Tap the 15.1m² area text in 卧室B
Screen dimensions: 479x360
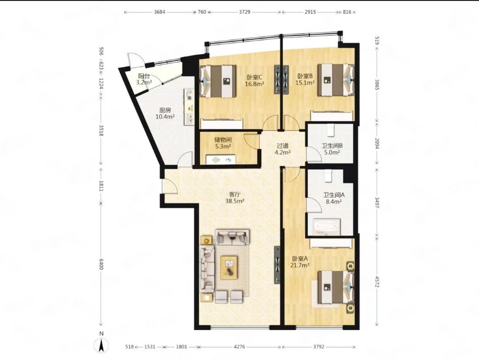(305, 83)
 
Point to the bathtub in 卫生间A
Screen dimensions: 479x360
(326, 226)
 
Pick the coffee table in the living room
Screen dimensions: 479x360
(229, 268)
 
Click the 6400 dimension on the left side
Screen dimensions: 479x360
(101, 264)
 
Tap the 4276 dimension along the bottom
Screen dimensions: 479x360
(239, 347)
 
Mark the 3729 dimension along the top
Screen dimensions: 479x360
(245, 12)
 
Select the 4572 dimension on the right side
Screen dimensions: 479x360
(377, 282)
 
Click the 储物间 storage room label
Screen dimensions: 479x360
(223, 140)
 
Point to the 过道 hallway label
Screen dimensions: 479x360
(283, 145)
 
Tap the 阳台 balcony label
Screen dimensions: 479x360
(144, 76)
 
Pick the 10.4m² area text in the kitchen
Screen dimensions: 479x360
(165, 117)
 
